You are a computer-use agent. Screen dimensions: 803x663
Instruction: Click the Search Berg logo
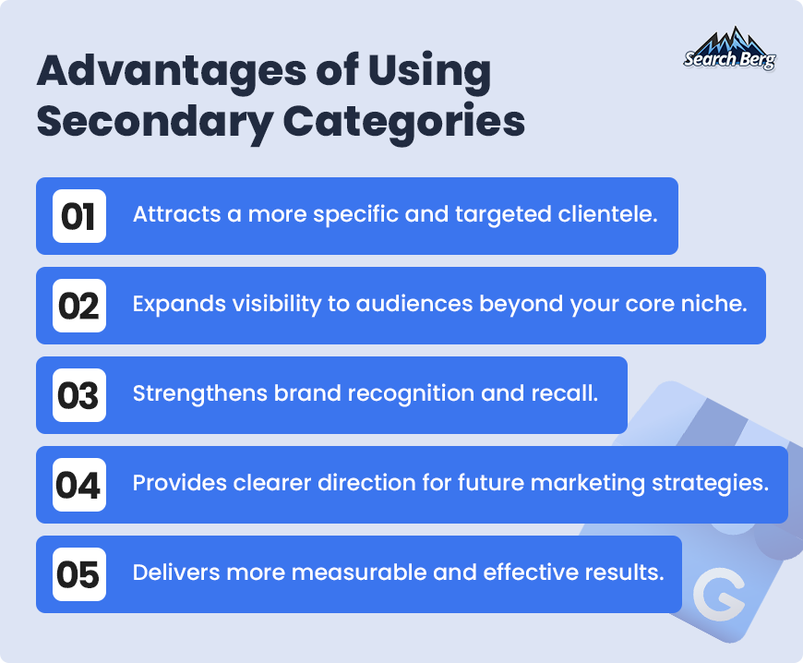pos(729,49)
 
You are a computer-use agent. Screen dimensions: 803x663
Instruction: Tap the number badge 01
pos(79,216)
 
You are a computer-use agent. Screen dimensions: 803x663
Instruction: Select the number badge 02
pos(79,306)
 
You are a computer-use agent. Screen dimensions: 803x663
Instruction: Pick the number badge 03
pos(79,395)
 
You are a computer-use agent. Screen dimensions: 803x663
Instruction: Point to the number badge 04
pos(79,485)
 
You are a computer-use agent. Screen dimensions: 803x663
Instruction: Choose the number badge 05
pos(79,573)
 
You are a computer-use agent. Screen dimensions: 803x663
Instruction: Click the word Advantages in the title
pos(172,72)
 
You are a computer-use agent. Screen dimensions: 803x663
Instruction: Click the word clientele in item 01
pos(608,214)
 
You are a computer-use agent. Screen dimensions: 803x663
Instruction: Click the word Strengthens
pos(200,393)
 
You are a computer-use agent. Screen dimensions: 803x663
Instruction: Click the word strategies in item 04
pos(711,484)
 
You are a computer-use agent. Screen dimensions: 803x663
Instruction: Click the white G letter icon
pos(719,596)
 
